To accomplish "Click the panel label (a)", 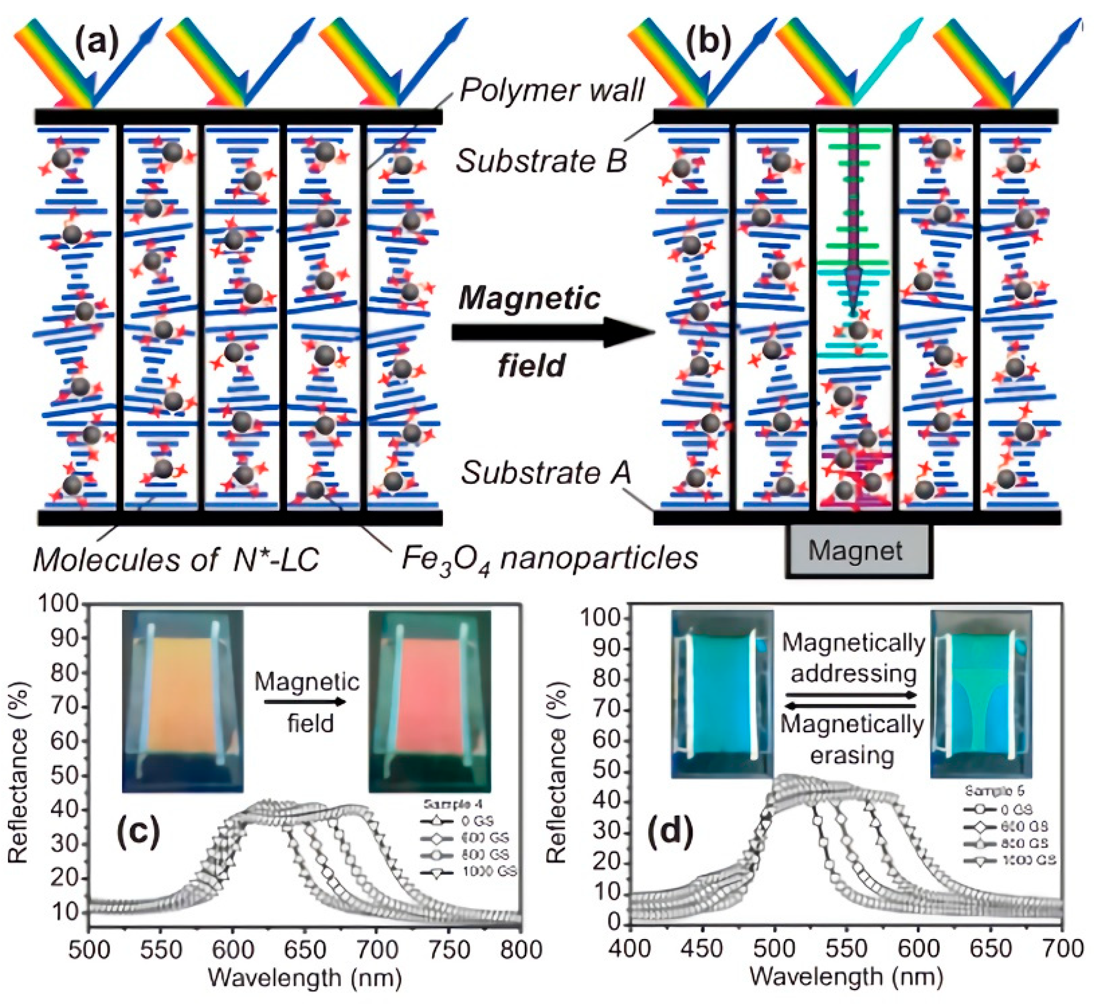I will pyautogui.click(x=97, y=44).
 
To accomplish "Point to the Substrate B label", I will pyautogui.click(x=541, y=160).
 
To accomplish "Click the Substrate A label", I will pyautogui.click(x=546, y=473).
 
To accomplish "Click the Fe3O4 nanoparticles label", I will pyautogui.click(x=550, y=558).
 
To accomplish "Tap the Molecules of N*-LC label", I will pyautogui.click(x=176, y=559).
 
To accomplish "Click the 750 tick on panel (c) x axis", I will pyautogui.click(x=449, y=950).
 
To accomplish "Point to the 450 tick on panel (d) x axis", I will pyautogui.click(x=702, y=949).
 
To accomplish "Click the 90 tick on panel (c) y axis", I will pyautogui.click(x=65, y=638).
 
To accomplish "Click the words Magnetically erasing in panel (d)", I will pyautogui.click(x=852, y=740).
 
